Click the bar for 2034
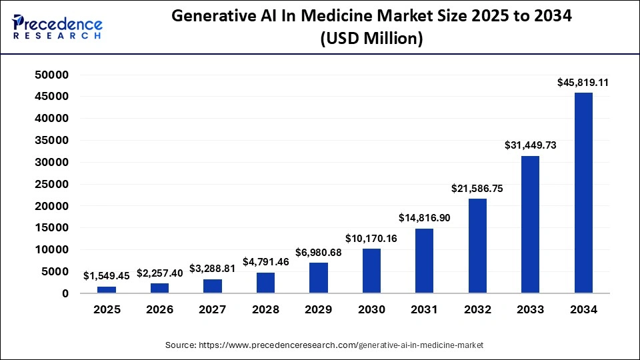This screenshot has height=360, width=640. (583, 193)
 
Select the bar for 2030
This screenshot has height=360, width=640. (371, 271)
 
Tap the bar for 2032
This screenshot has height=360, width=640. (477, 245)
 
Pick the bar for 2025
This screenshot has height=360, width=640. (107, 289)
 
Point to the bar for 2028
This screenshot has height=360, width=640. (265, 283)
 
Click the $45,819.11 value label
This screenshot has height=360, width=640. (583, 83)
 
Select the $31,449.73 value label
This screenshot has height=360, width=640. (530, 146)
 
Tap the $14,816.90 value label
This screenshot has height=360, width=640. (424, 218)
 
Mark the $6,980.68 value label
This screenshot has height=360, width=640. (319, 253)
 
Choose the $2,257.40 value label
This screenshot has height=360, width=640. (160, 273)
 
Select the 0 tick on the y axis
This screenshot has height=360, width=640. (65, 293)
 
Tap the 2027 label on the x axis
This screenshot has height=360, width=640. (213, 310)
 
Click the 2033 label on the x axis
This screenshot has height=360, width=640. (530, 310)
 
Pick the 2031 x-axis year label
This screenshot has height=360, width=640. (424, 310)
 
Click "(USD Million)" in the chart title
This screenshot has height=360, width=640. (371, 39)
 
